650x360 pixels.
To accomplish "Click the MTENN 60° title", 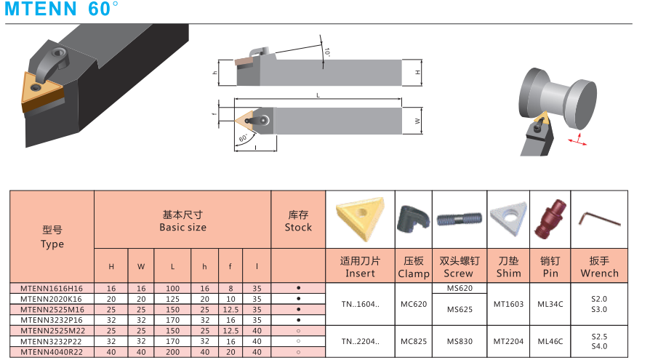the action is (61, 9).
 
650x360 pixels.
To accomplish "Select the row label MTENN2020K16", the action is (51, 299).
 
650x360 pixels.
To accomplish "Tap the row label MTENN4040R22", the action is (52, 352).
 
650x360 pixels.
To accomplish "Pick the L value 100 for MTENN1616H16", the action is (172, 289).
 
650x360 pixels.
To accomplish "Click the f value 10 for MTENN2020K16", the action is (230, 299).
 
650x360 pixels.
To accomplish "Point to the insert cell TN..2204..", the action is (360, 342).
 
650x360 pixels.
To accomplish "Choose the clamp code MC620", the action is (413, 304).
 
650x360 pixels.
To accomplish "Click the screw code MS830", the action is (460, 342).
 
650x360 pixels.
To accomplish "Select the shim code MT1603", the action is (508, 304).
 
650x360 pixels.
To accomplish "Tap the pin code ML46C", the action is (550, 342).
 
